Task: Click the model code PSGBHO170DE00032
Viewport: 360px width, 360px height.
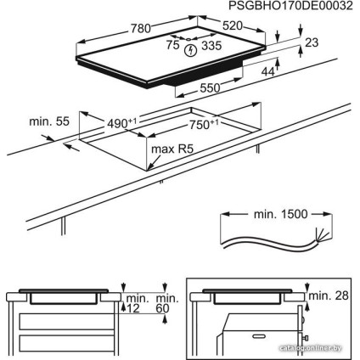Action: pos(290,6)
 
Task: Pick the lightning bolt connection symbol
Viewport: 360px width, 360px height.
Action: pos(191,50)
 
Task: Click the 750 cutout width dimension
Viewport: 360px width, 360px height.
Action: pos(203,124)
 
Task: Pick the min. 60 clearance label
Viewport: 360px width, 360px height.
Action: pos(162,301)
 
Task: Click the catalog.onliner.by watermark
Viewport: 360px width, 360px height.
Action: pos(324,349)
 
